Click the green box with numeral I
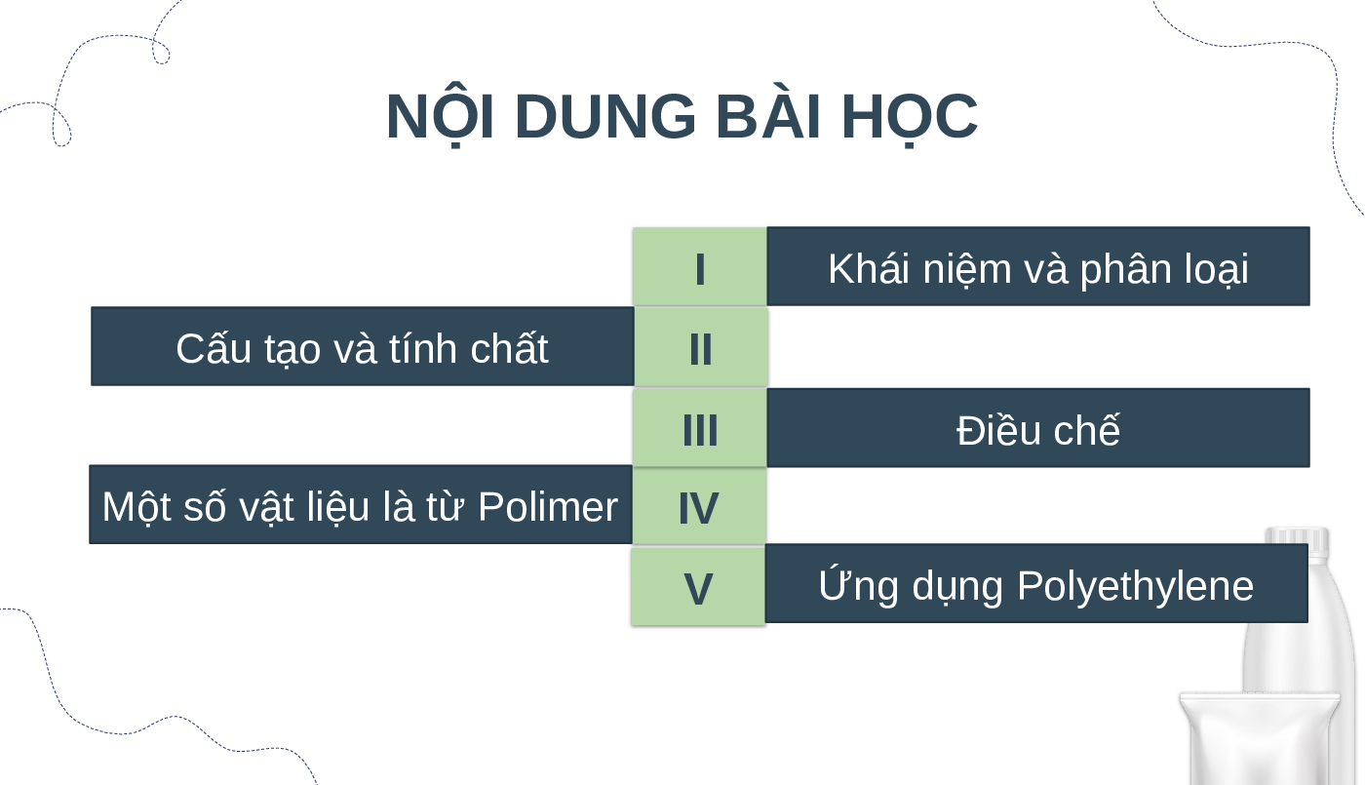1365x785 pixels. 700,267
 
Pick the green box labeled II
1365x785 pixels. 701,347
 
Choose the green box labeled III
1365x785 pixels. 700,428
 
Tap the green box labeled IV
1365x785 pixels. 699,506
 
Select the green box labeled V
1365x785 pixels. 698,586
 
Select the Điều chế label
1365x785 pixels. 1037,427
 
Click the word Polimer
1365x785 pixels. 548,507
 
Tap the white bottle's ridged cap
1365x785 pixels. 1297,540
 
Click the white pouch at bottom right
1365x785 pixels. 1259,739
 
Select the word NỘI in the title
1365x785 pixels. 440,115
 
